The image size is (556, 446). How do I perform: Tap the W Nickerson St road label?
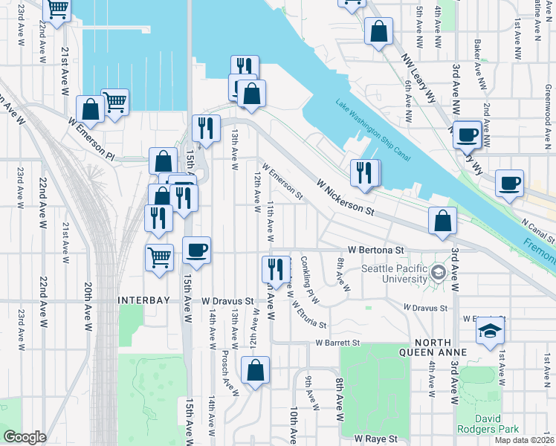(x=344, y=196)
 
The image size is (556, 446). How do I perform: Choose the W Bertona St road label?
(x=375, y=251)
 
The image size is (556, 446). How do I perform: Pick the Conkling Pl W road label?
(x=310, y=280)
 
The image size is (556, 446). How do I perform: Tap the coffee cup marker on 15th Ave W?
(x=196, y=251)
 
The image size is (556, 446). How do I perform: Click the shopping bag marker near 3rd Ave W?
(x=443, y=221)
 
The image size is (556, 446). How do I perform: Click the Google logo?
(x=25, y=437)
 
